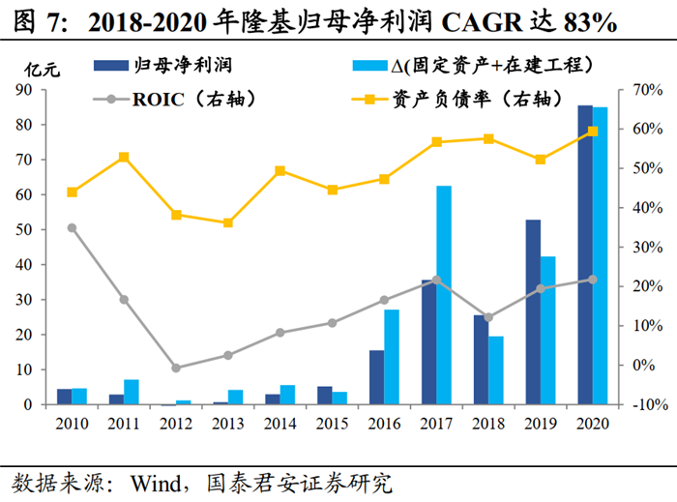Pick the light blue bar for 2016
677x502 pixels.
tap(392, 357)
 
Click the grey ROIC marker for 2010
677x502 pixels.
tap(72, 227)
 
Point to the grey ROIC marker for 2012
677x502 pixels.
tap(176, 368)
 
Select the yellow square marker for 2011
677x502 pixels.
tap(124, 157)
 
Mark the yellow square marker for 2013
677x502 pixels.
tap(228, 222)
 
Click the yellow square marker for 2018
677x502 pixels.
tap(488, 138)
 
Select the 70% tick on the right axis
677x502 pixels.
tap(646, 90)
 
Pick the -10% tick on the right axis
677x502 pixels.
tap(643, 404)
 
